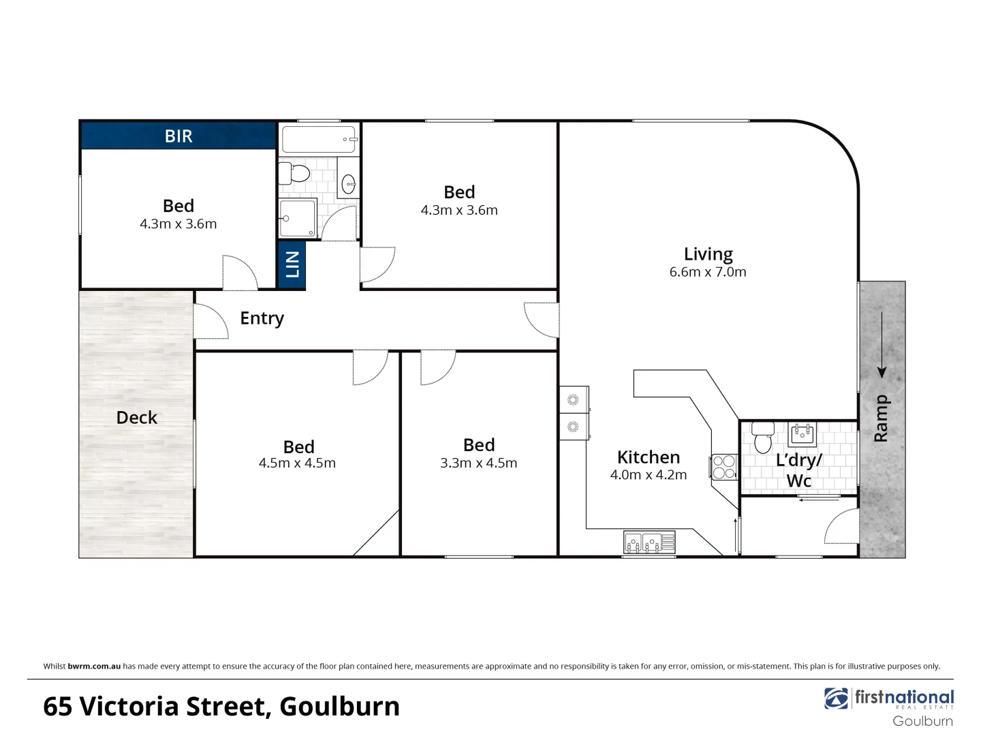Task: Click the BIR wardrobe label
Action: pyautogui.click(x=178, y=136)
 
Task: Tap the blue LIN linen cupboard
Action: pyautogui.click(x=292, y=264)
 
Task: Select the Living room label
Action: pyautogui.click(x=708, y=254)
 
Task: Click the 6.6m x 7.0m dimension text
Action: pyautogui.click(x=708, y=272)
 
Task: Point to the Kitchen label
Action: pyautogui.click(x=648, y=457)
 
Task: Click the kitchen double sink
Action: pyautogui.click(x=649, y=542)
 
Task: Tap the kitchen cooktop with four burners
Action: pyautogui.click(x=724, y=467)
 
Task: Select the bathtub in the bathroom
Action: pyautogui.click(x=319, y=139)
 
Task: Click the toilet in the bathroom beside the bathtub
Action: pyautogui.click(x=295, y=173)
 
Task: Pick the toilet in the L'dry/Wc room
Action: pyautogui.click(x=763, y=437)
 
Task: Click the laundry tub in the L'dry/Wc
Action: pyautogui.click(x=803, y=433)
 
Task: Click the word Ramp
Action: pyautogui.click(x=881, y=418)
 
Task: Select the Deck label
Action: pyautogui.click(x=136, y=418)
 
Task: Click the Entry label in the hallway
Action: pyautogui.click(x=262, y=318)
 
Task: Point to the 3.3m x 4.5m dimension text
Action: pyautogui.click(x=478, y=463)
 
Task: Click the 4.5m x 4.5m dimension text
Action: pyautogui.click(x=297, y=463)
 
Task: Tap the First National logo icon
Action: pyautogui.click(x=837, y=699)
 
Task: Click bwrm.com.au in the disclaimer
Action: pyautogui.click(x=94, y=666)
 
